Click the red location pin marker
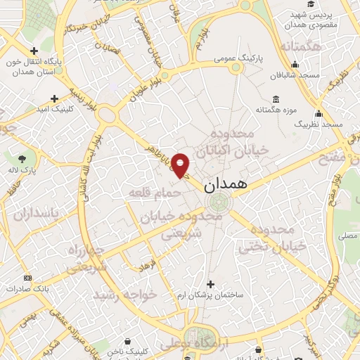(181, 165)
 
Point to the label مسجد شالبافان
(298, 75)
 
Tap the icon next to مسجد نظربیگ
(319, 114)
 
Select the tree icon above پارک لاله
(22, 157)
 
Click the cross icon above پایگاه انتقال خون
(34, 50)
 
